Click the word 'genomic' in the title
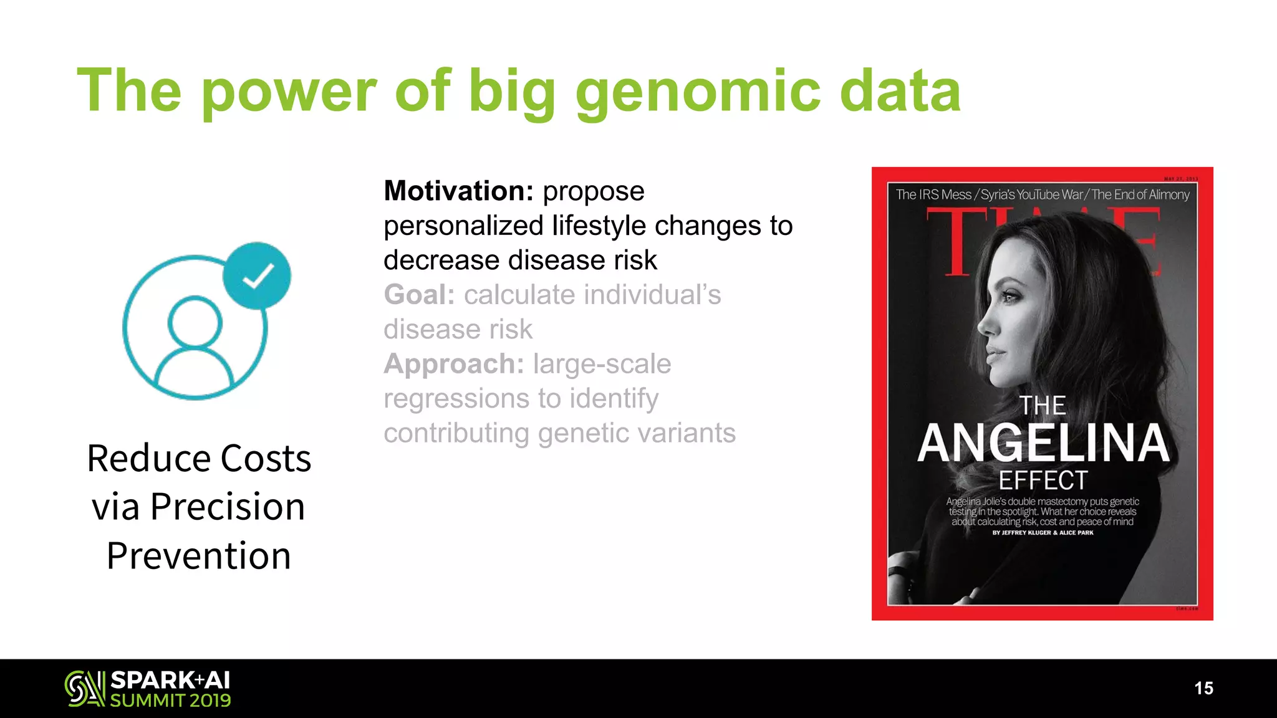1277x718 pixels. (x=698, y=92)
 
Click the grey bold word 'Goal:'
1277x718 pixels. (x=419, y=295)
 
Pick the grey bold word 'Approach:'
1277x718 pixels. (x=454, y=364)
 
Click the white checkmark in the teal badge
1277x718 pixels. (x=258, y=275)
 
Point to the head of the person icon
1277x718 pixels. (x=195, y=322)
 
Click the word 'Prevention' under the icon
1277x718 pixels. (x=199, y=556)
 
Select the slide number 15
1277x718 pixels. (x=1203, y=688)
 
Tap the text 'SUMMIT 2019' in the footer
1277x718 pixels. (x=170, y=701)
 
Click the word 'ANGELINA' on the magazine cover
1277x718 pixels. (x=1043, y=443)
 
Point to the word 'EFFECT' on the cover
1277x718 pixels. (x=1043, y=481)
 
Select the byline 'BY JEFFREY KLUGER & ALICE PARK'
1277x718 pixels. (x=1043, y=533)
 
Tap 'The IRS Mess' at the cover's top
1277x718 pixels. (x=933, y=194)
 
